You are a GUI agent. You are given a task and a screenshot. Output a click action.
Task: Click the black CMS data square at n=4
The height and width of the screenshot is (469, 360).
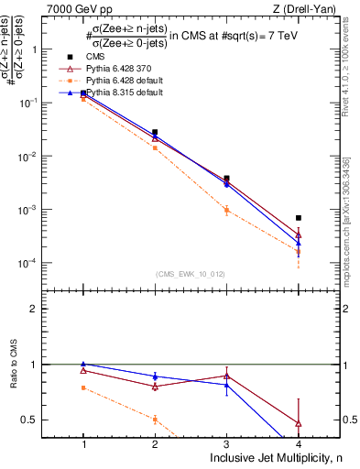coord(299,218)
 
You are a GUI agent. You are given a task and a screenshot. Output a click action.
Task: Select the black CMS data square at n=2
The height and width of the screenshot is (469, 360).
coord(155,133)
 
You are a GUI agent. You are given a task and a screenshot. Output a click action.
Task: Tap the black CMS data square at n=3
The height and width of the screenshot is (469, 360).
coord(227,179)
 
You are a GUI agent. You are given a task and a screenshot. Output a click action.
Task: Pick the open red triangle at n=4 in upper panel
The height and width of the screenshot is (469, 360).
coord(299,235)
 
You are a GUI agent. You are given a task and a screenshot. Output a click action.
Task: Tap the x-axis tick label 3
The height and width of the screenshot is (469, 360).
coord(227,444)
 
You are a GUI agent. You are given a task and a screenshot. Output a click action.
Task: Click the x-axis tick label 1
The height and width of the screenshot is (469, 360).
coord(83,444)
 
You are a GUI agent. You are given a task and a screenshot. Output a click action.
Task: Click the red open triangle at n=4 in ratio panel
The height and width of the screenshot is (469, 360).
coord(299,423)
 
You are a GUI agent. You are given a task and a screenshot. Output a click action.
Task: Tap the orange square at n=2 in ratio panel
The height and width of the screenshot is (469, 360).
coord(155,420)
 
